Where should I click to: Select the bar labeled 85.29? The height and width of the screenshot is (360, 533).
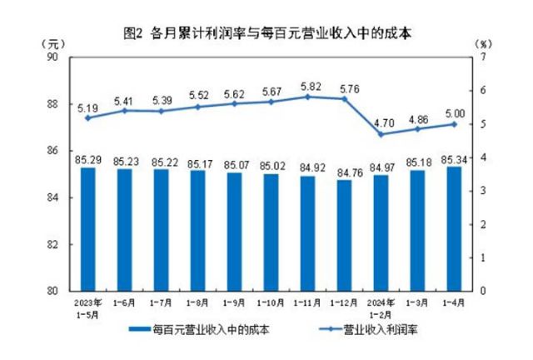click(x=87, y=229)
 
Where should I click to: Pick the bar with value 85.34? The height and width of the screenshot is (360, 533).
click(x=454, y=228)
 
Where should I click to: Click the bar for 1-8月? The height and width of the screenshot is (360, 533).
click(x=197, y=231)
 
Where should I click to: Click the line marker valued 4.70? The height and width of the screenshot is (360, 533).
click(x=381, y=134)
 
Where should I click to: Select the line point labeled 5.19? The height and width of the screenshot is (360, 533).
click(x=87, y=117)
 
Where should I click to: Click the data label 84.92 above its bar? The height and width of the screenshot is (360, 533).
click(x=308, y=167)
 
